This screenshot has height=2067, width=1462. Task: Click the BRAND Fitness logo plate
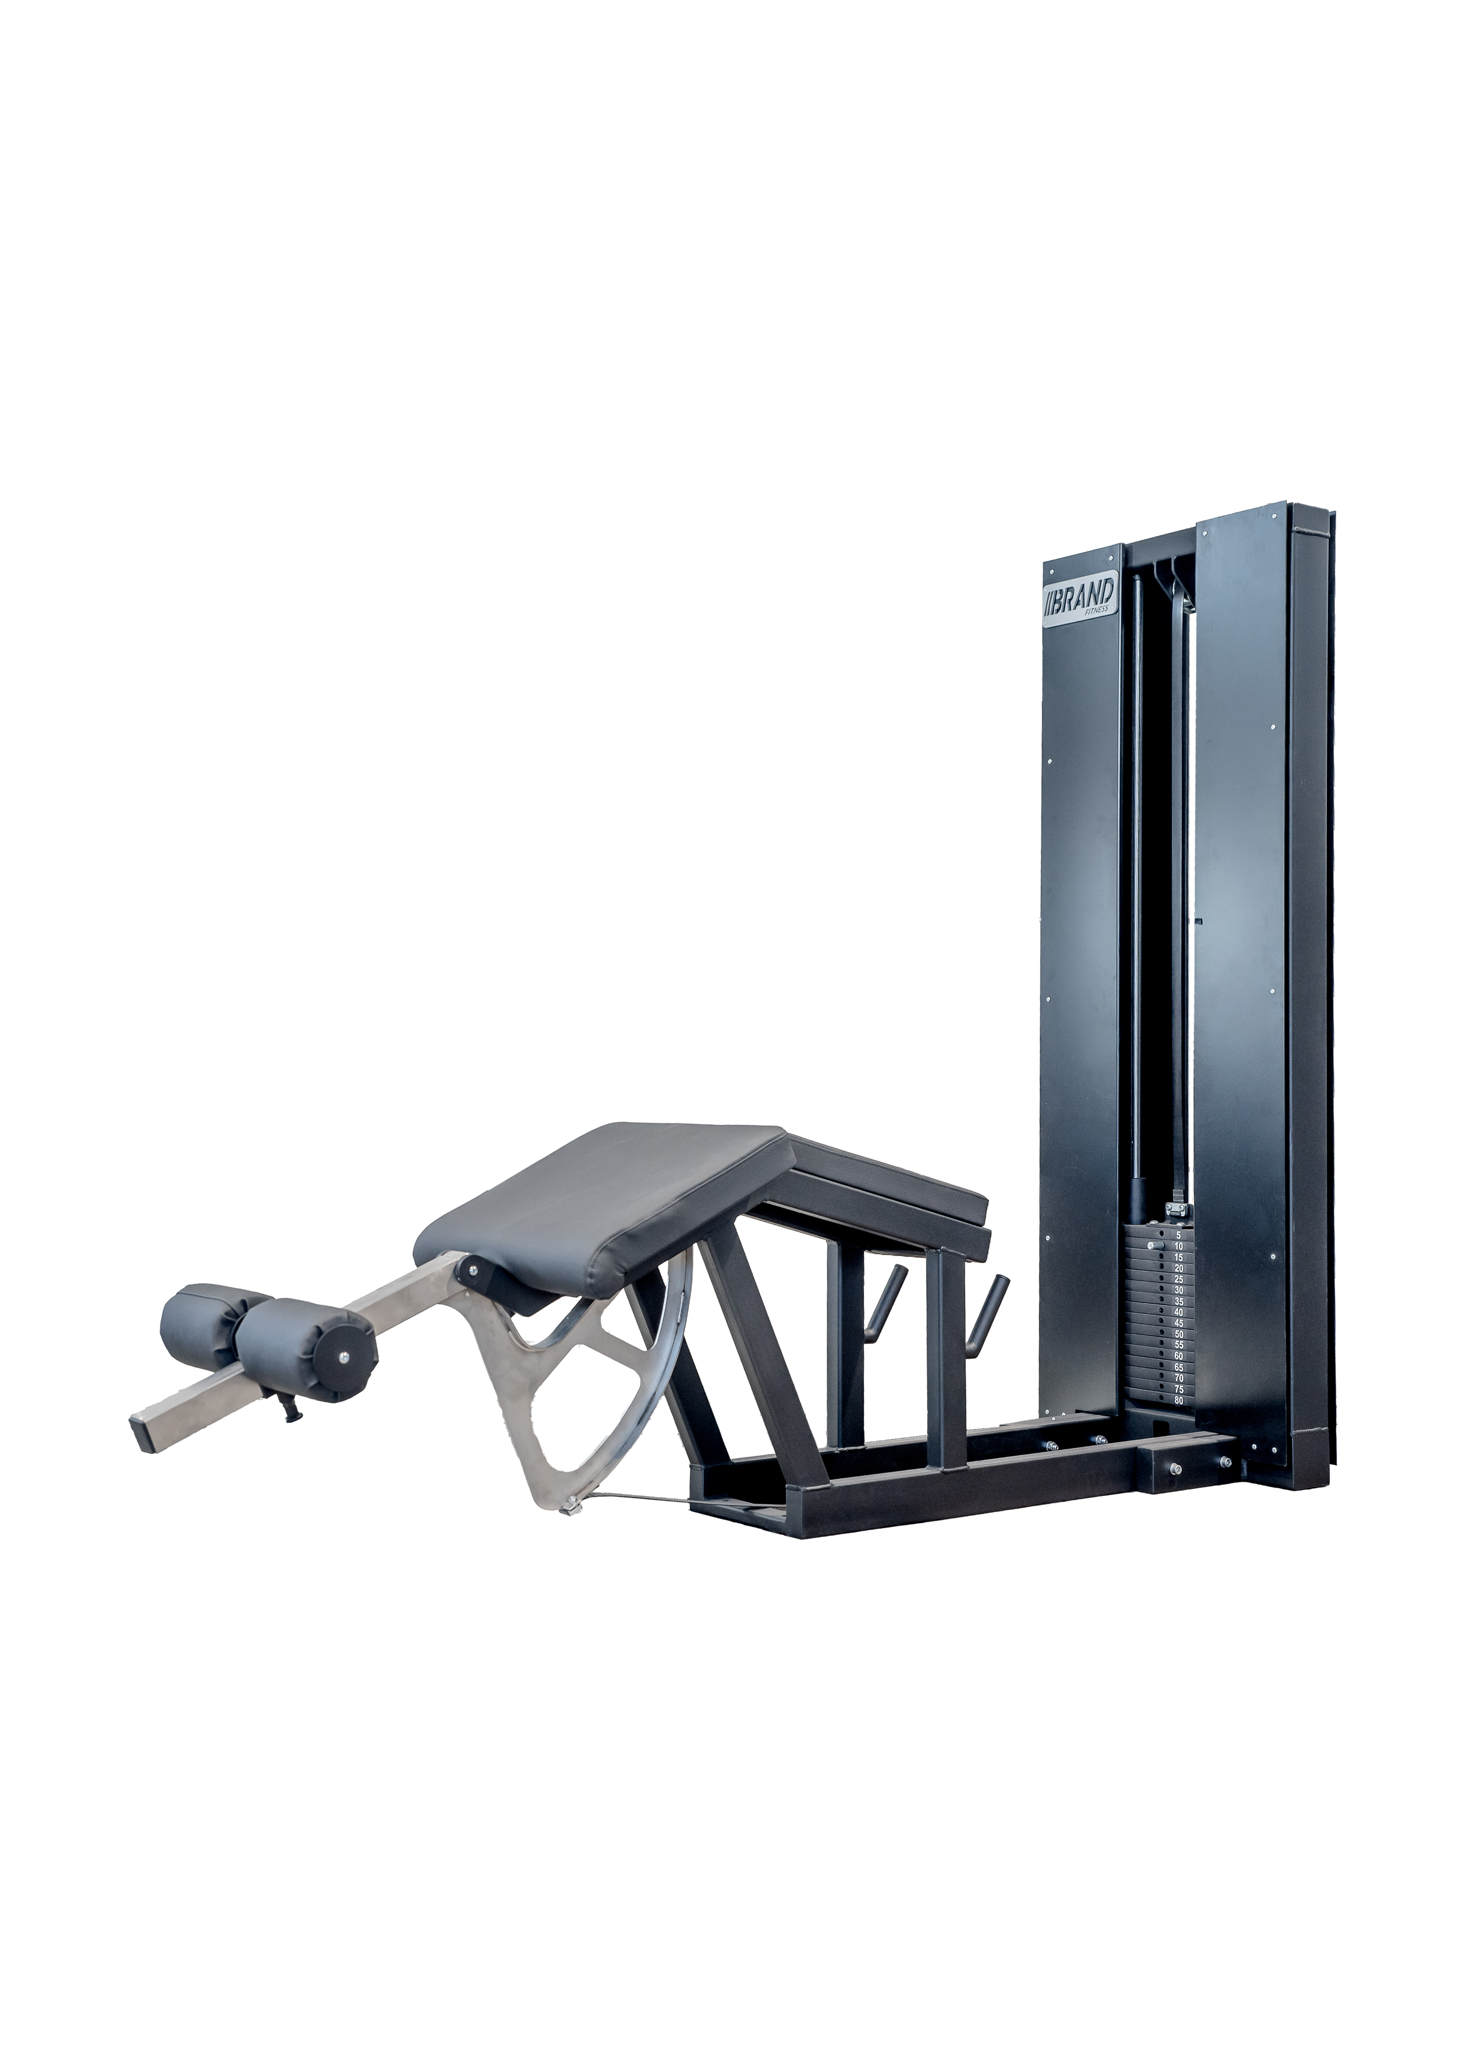tap(1080, 599)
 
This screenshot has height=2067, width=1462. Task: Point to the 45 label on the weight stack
tap(1178, 1323)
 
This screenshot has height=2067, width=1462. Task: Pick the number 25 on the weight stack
tap(1178, 1278)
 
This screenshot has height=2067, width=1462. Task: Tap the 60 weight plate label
tap(1178, 1355)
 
